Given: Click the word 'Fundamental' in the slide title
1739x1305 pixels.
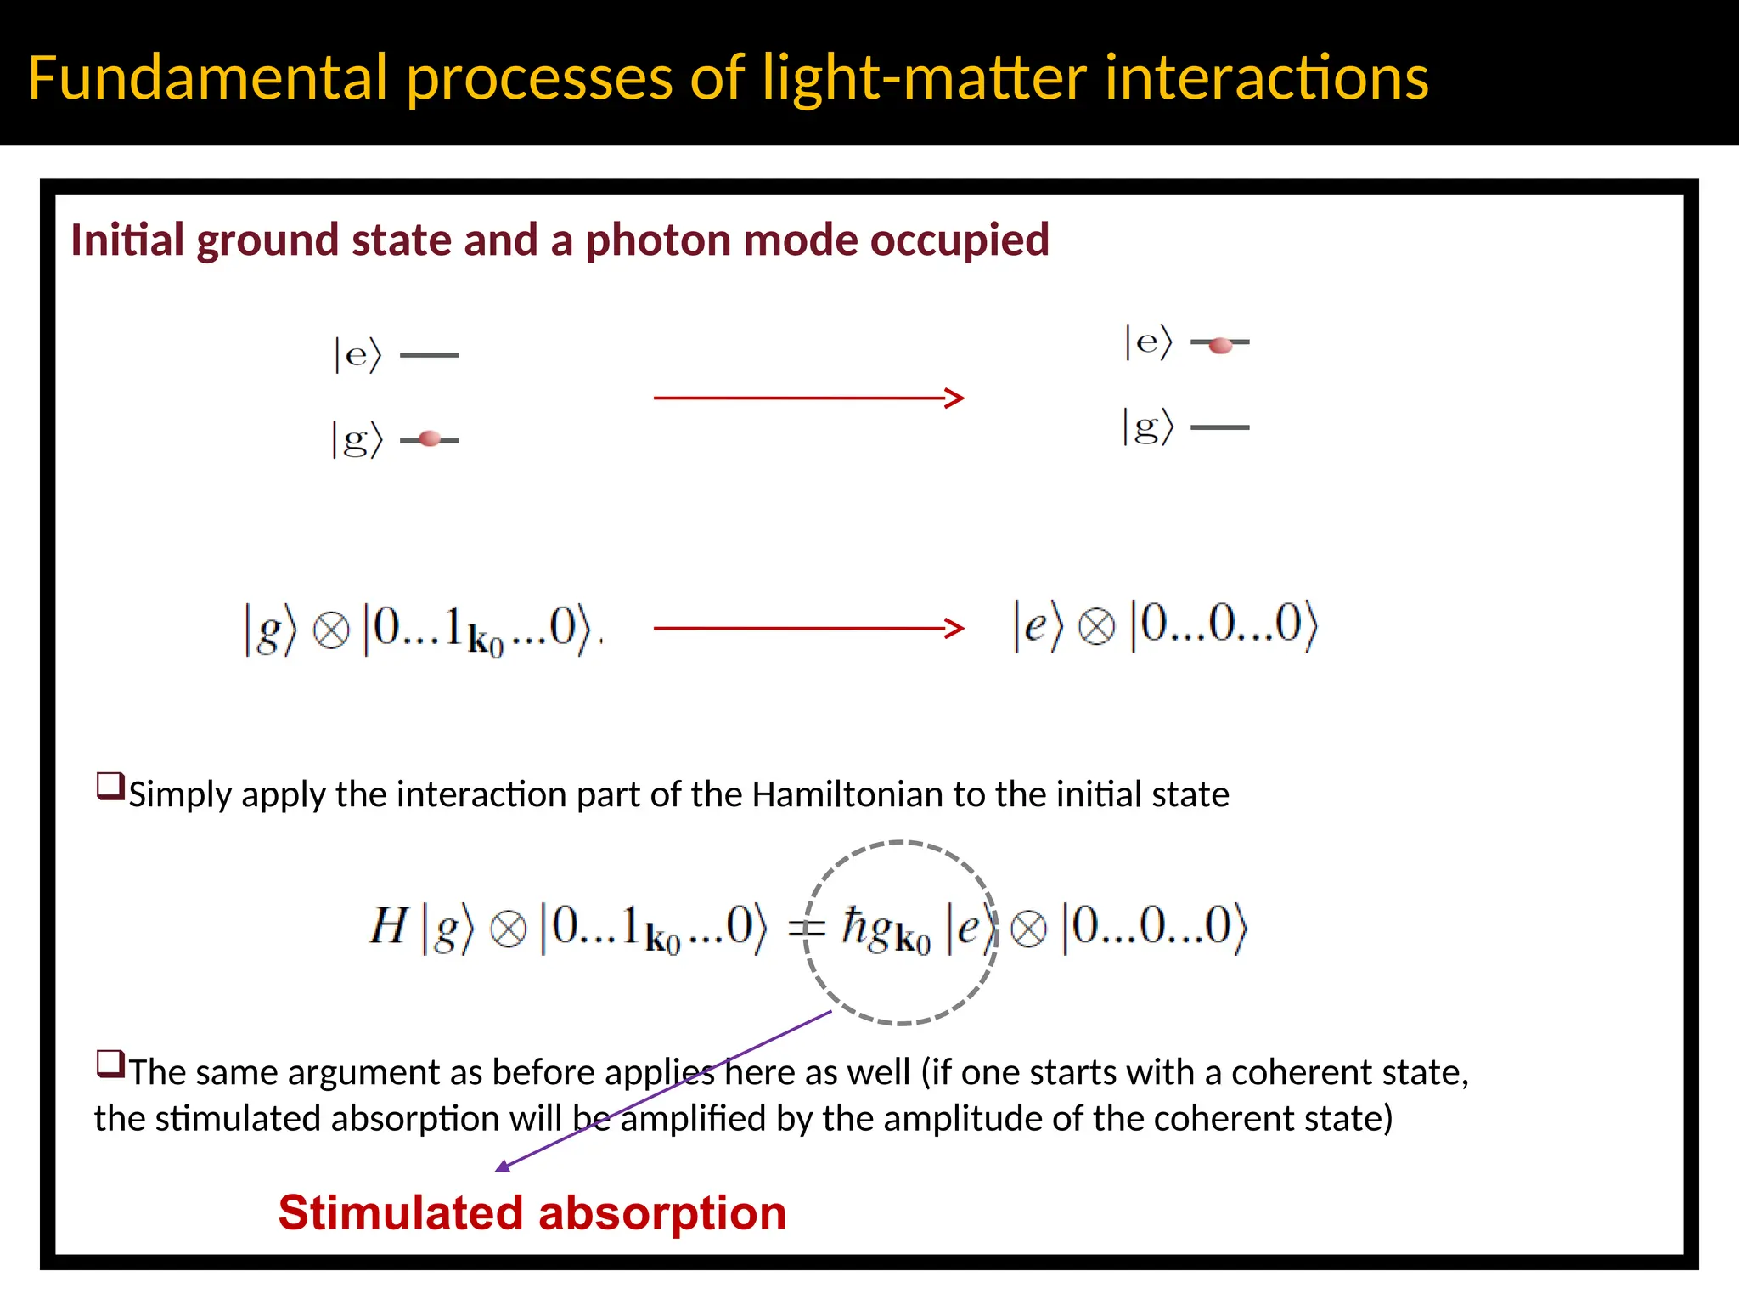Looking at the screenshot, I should coord(208,78).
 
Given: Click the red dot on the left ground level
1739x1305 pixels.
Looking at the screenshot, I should coord(430,439).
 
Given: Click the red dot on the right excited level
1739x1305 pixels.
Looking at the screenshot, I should coord(1220,345).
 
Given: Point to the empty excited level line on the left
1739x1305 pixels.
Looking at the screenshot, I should coord(429,355).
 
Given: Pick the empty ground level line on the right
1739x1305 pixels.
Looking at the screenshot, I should coord(1220,427).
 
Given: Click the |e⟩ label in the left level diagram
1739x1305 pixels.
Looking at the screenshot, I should coord(357,354).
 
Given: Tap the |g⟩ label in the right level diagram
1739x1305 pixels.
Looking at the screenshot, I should coord(1148,427).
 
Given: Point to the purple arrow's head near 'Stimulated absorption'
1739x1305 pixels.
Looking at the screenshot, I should coord(504,1167).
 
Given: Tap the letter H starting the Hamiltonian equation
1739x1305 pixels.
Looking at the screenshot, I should coord(389,926).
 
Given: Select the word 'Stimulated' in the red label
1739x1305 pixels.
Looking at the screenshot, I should coord(398,1213).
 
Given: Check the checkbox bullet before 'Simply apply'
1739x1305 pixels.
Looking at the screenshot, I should coord(110,786).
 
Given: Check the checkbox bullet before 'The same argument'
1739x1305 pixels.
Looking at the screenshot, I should coord(110,1064).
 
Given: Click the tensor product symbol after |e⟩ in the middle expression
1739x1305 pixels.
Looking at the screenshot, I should coord(1096,629).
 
